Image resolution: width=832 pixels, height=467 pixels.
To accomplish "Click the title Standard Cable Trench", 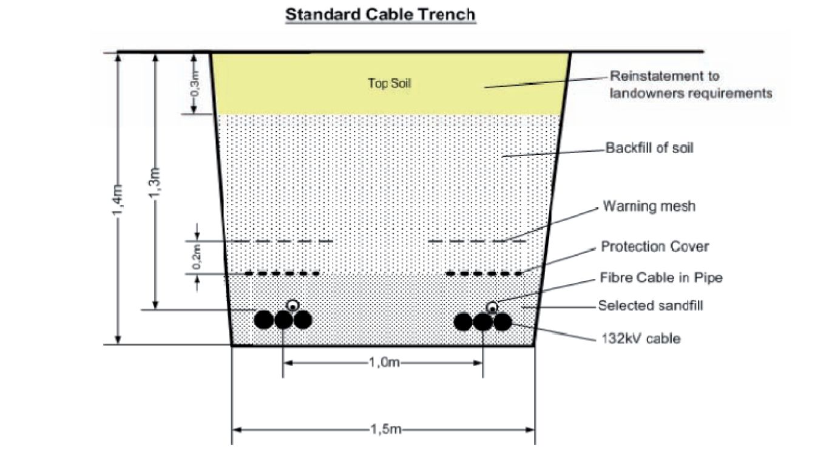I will tap(380, 15).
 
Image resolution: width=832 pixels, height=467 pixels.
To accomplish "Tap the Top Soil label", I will tap(389, 83).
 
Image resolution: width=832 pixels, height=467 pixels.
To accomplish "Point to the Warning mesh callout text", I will tap(649, 206).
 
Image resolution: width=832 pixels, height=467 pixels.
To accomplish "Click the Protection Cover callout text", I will tap(655, 247).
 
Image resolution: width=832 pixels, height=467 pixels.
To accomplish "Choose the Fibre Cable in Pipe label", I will tap(661, 278).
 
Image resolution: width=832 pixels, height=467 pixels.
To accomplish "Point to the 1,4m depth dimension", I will tap(120, 199).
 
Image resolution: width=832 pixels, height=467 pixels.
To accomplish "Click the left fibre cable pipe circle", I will tap(293, 305).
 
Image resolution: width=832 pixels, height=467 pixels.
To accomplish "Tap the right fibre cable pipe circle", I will tap(492, 305).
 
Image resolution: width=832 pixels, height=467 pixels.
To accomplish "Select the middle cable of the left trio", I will tap(283, 319).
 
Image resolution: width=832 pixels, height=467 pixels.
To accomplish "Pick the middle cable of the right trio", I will tap(483, 321).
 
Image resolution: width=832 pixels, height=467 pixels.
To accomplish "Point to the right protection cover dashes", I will tap(484, 274).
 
